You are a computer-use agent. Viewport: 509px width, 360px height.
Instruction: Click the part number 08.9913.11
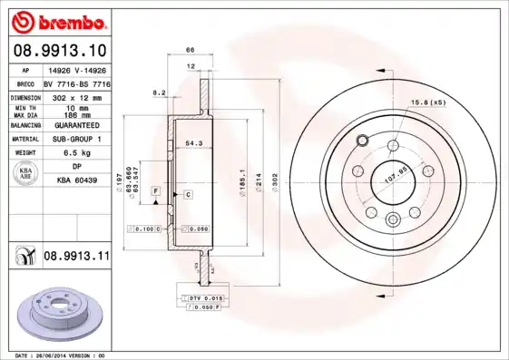coord(75,257)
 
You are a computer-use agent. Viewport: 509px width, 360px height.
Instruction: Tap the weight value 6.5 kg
coord(75,153)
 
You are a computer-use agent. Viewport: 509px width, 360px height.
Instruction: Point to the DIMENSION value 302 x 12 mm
coord(75,96)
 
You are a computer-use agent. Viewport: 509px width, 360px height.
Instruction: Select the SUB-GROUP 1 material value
coord(75,139)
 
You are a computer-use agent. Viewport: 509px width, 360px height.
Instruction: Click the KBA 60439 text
coord(75,181)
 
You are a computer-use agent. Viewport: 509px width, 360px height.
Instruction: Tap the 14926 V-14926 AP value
coord(75,69)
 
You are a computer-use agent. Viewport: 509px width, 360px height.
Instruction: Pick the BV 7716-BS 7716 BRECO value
coord(75,83)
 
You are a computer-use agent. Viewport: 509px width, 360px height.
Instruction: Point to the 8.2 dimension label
coord(160,92)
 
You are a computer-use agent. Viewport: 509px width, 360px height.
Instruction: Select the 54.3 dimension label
coord(193,142)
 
